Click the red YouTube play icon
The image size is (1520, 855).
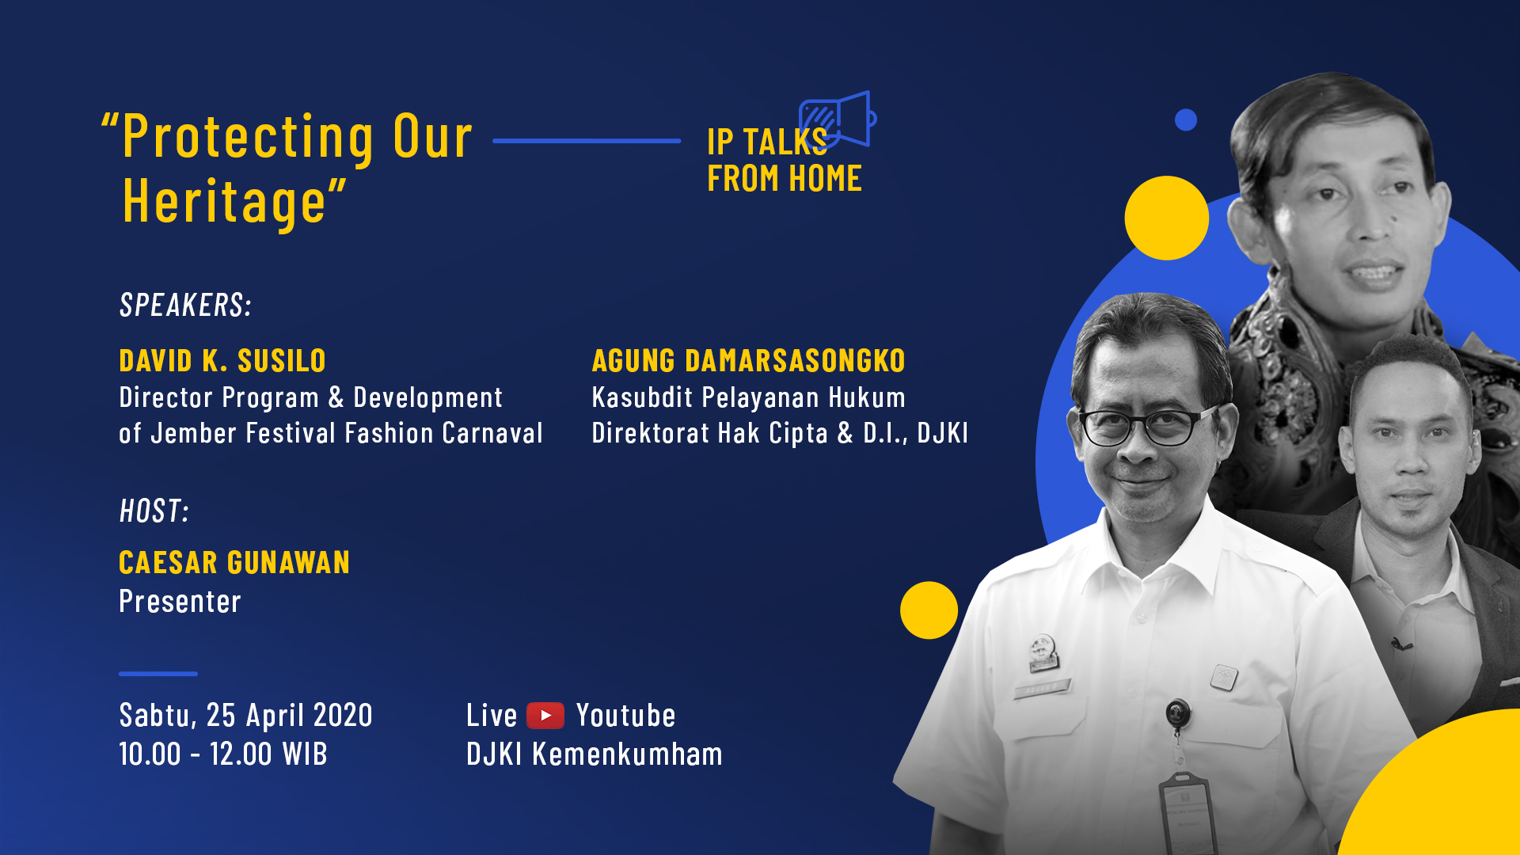[x=545, y=716]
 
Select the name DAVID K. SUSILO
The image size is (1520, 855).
[x=222, y=361]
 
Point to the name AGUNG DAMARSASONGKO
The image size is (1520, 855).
[x=748, y=361]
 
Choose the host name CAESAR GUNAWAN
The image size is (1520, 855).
[x=234, y=563]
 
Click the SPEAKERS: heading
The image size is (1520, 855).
[x=186, y=305]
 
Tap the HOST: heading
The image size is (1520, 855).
[x=154, y=511]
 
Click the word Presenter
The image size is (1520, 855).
[x=180, y=602]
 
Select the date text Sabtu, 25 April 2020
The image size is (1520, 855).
[x=245, y=716]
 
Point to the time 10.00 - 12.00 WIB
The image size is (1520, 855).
[x=223, y=754]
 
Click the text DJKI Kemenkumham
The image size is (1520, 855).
[x=595, y=754]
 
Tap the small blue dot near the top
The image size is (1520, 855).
[x=1186, y=120]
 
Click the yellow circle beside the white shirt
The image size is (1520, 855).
[x=929, y=610]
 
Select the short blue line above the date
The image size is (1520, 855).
[x=158, y=674]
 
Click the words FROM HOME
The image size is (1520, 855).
[x=785, y=179]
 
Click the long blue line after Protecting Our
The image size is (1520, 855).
[x=587, y=141]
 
